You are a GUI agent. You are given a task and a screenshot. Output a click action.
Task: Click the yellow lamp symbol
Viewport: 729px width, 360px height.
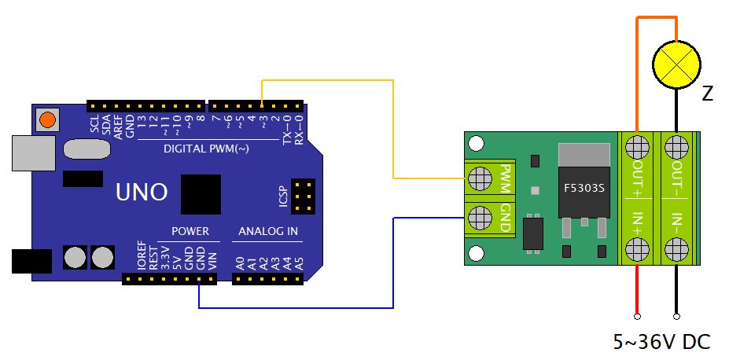677,64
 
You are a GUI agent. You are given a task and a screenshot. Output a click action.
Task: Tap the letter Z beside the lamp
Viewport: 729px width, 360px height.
707,95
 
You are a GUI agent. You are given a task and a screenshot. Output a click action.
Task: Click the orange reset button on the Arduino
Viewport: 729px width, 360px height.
48,119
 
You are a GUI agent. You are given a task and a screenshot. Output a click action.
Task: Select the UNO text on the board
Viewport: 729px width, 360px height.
141,192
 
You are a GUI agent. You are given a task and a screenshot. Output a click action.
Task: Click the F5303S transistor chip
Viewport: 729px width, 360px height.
583,189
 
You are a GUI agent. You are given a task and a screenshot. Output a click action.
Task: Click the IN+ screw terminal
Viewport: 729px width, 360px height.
636,251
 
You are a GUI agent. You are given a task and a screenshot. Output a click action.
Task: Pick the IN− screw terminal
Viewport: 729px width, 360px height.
675,251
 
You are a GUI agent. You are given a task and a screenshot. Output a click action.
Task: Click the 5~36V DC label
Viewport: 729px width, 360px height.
661,343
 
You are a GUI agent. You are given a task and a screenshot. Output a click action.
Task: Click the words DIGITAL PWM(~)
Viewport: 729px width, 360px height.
206,148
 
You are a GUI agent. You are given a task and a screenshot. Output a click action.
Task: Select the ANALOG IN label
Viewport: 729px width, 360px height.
268,231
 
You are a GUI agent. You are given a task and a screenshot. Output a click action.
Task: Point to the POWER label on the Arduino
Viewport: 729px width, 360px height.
190,231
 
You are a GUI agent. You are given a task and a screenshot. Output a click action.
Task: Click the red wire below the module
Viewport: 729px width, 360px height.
636,291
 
